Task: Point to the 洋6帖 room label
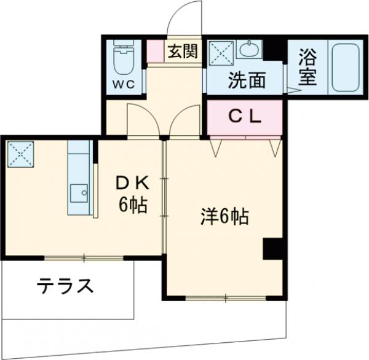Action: [224, 216]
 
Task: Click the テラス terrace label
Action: [65, 286]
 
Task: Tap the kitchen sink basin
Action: [78, 195]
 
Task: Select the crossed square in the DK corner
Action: [20, 154]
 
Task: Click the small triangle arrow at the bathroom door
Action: [291, 90]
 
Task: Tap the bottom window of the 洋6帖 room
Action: [226, 298]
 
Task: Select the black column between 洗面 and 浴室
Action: [275, 49]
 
